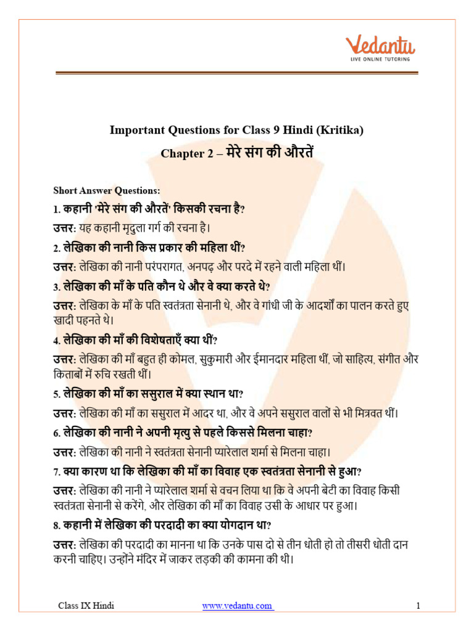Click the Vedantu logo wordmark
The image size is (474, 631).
[381, 46]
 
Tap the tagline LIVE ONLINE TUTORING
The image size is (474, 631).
[381, 60]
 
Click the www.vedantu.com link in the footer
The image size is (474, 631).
[238, 606]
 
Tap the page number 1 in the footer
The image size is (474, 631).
[418, 606]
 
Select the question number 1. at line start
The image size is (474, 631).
[56, 209]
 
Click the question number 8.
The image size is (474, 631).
[56, 525]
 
